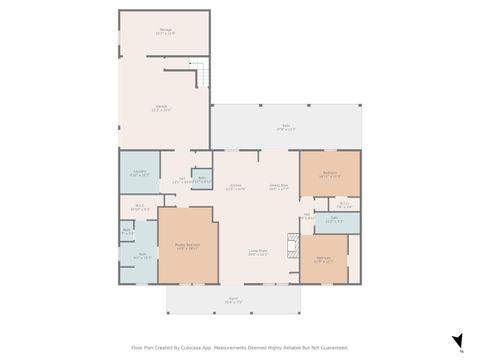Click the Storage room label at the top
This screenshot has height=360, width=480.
click(x=165, y=31)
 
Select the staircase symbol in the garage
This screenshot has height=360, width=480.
click(x=199, y=73)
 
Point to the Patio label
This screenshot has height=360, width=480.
click(x=285, y=127)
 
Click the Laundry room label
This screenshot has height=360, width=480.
click(x=138, y=174)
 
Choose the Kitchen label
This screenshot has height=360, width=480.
click(x=237, y=187)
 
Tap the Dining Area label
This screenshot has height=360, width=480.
click(x=278, y=187)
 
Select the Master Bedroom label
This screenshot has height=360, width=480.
click(x=187, y=245)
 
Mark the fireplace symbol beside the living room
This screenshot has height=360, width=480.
click(x=293, y=243)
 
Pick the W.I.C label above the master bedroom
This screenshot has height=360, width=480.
click(x=139, y=208)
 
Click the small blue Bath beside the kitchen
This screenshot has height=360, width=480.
click(x=201, y=179)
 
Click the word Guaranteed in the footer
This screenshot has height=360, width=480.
click(x=332, y=349)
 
